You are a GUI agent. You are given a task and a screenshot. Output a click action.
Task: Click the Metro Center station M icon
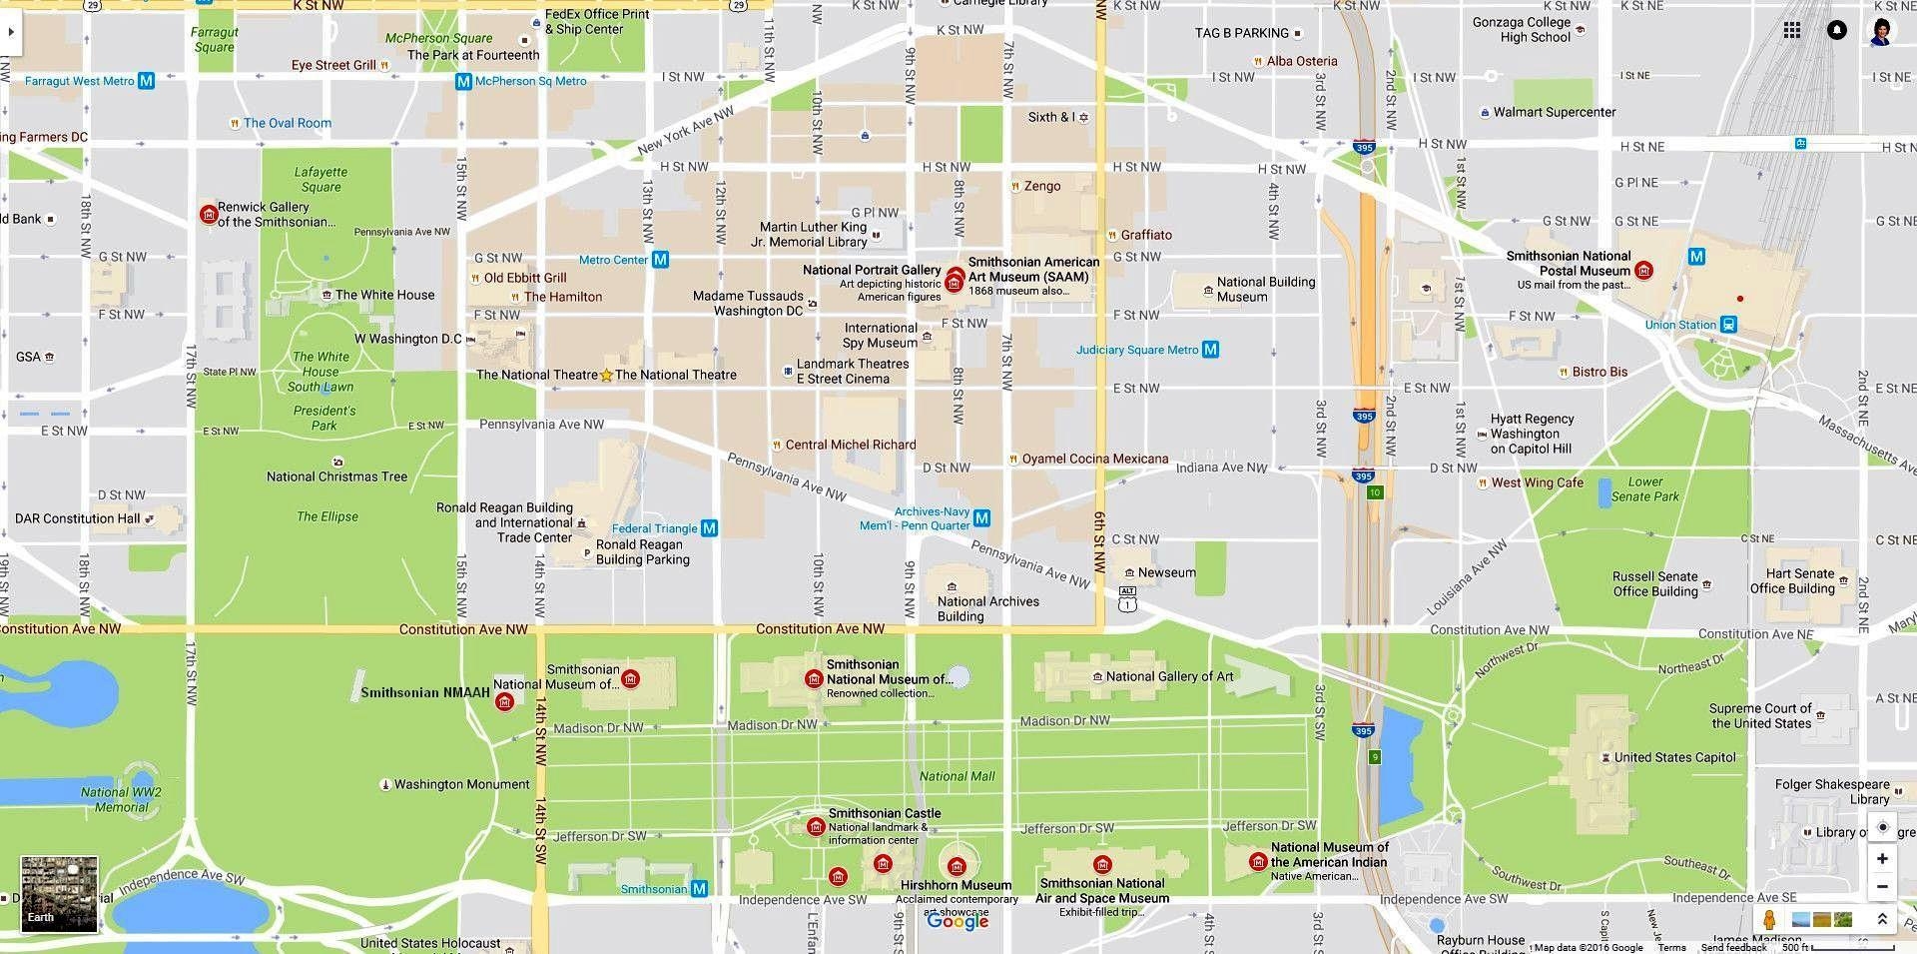[660, 260]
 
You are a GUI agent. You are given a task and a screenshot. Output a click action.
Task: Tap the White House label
[384, 295]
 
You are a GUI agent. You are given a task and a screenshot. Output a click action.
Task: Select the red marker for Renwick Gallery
[209, 214]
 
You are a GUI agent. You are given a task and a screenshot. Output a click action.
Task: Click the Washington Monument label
[461, 784]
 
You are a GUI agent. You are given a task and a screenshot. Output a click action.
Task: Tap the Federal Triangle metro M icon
[709, 527]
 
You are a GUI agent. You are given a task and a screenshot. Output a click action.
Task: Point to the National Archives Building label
[987, 608]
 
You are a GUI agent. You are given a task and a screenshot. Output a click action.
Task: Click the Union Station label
[1680, 325]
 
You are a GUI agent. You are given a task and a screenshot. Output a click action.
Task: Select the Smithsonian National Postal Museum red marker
[1643, 270]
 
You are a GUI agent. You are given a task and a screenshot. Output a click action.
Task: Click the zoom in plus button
[1882, 858]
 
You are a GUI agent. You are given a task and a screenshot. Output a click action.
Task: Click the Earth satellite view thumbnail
[60, 893]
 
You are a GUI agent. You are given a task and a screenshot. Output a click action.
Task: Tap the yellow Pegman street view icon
[1769, 920]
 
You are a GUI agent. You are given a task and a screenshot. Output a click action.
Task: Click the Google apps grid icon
[1792, 30]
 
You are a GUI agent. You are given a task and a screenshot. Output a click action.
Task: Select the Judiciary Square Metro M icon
[1210, 350]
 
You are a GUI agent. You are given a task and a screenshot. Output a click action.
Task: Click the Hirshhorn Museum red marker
[957, 866]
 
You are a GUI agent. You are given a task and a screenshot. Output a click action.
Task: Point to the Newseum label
[1166, 572]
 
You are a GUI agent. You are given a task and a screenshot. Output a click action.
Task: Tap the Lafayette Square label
[320, 179]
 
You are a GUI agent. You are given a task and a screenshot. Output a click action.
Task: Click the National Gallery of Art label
[1169, 676]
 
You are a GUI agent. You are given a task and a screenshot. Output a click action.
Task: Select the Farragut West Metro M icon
[147, 81]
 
